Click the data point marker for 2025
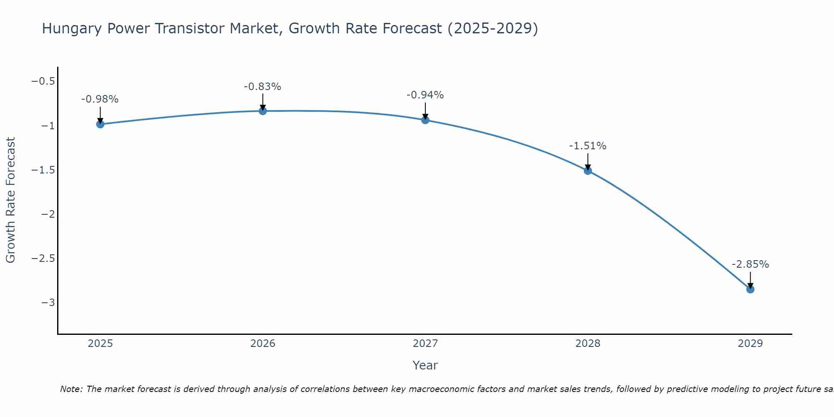[x=100, y=124]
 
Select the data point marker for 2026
[x=263, y=111]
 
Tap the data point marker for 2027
[x=425, y=120]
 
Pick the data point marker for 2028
[x=588, y=171]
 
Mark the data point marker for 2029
[x=750, y=289]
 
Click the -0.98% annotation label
[x=100, y=99]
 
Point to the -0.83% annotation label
[x=262, y=87]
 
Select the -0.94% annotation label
[x=425, y=95]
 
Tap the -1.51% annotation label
[x=588, y=146]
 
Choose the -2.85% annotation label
[x=750, y=264]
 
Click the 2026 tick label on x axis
[x=263, y=344]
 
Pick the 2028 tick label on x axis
[x=588, y=344]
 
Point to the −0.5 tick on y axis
[x=43, y=81]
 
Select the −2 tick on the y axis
[x=48, y=214]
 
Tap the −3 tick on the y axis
[x=48, y=303]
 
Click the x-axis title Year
[x=425, y=365]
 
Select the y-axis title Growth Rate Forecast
[x=11, y=200]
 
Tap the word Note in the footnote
[x=71, y=389]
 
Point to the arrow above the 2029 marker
[x=750, y=279]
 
